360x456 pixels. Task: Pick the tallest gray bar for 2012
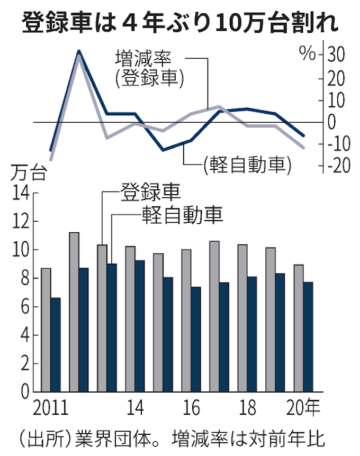point(74,312)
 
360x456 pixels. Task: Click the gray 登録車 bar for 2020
point(298,328)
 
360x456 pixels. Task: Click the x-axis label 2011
point(51,408)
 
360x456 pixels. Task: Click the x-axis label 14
point(135,408)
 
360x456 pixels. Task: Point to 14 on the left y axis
point(21,193)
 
